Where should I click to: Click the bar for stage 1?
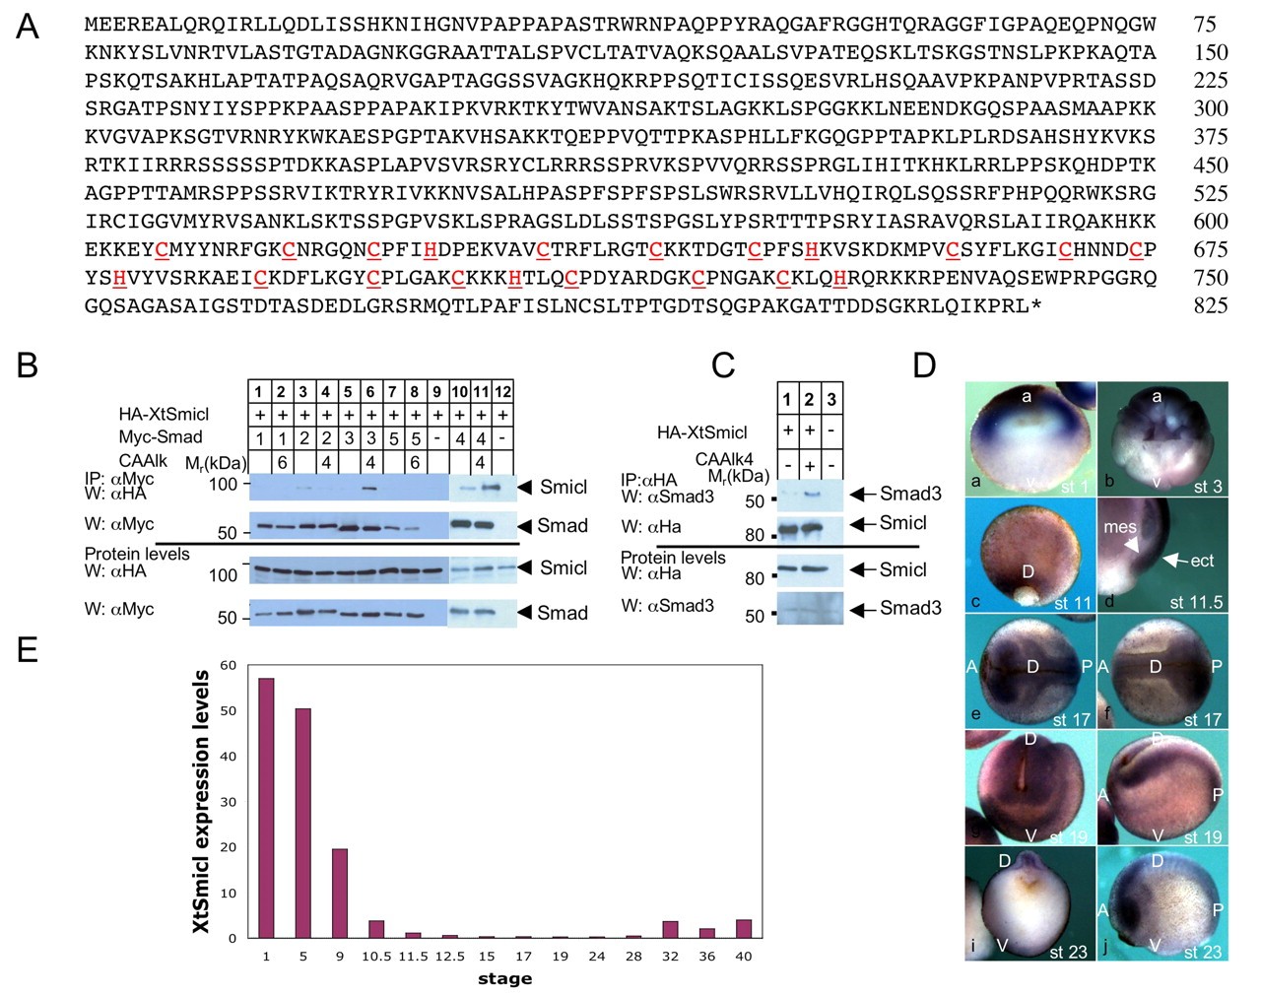(266, 808)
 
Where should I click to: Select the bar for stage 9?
(340, 893)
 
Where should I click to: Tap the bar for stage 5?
(302, 823)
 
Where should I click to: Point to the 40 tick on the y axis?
(228, 757)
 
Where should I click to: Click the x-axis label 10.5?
(376, 956)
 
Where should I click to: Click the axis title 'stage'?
(504, 978)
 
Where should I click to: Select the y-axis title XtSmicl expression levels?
(201, 801)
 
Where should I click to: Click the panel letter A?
(28, 27)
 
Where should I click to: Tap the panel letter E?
(28, 649)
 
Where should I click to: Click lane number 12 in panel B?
(502, 392)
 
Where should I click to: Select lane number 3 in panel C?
(831, 399)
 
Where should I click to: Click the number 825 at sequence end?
(1210, 306)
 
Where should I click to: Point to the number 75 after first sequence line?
(1204, 24)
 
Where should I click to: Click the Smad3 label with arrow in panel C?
(910, 494)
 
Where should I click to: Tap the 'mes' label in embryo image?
(1120, 527)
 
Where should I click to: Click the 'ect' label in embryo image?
(1202, 561)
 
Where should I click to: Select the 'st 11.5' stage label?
(1196, 602)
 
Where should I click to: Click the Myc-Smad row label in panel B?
(161, 436)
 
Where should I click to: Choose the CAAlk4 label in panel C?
(724, 459)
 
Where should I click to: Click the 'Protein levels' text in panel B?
(137, 554)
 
